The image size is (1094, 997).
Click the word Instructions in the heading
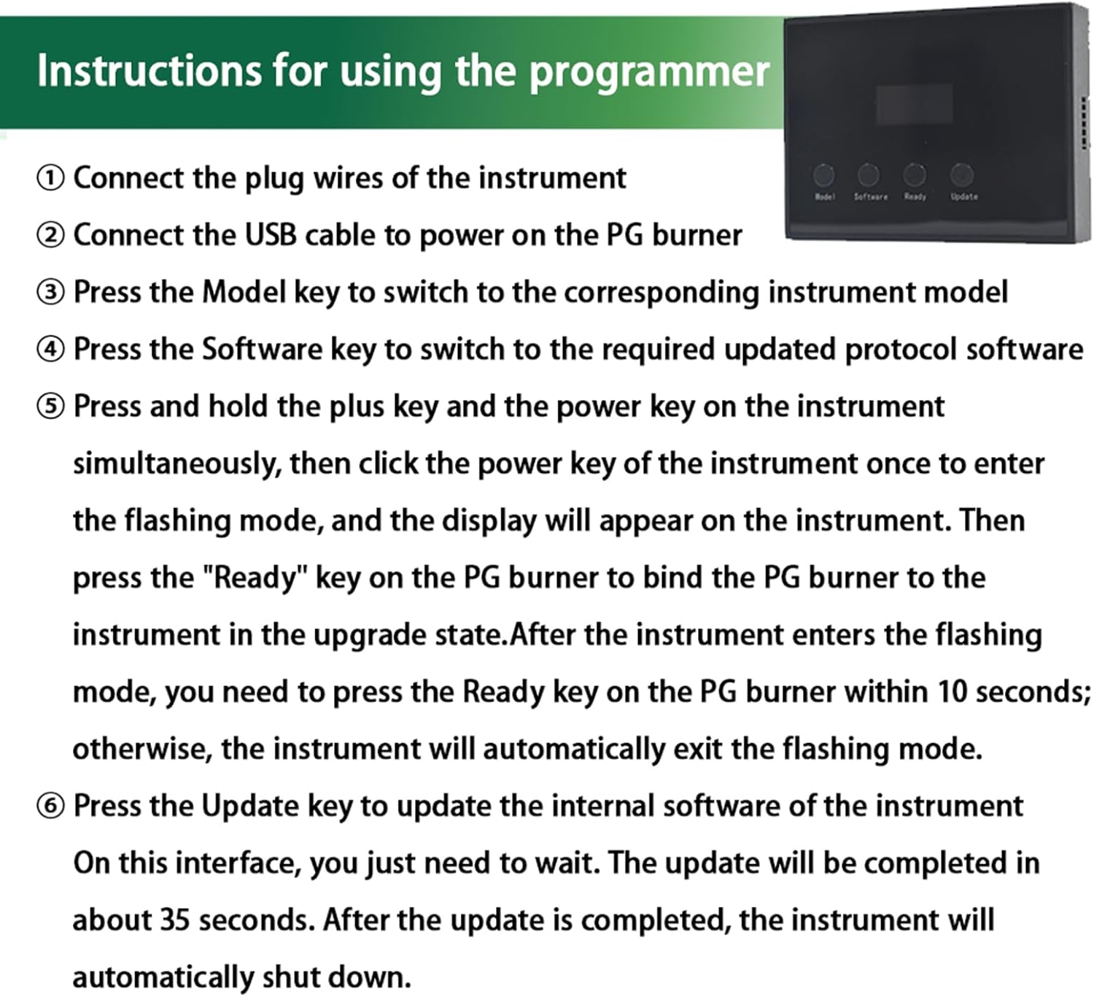pyautogui.click(x=149, y=72)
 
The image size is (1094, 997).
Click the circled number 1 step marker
pyautogui.click(x=50, y=178)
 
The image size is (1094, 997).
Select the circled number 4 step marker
pyautogui.click(x=50, y=350)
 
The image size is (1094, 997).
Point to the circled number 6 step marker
pyautogui.click(x=50, y=807)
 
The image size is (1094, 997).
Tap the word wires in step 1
pyautogui.click(x=346, y=178)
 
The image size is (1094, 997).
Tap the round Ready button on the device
pyautogui.click(x=915, y=174)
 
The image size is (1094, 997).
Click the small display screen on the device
pyautogui.click(x=914, y=104)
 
